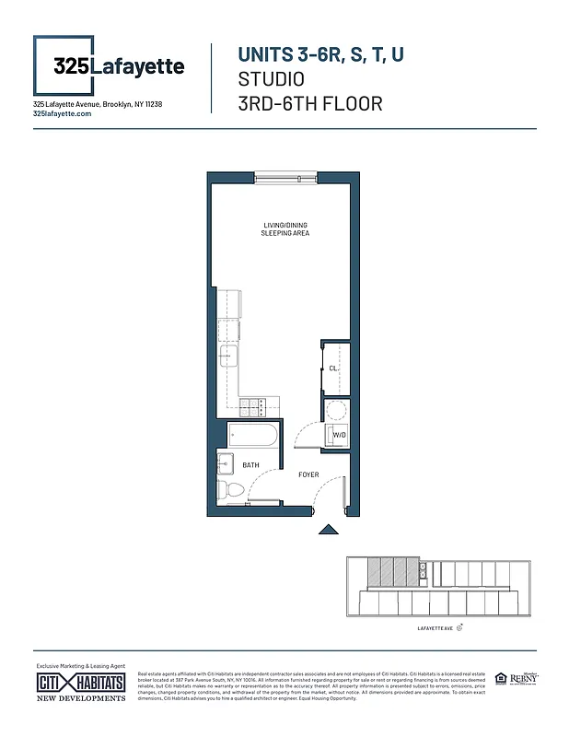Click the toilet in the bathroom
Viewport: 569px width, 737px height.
(229, 492)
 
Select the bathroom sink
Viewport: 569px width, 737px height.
(226, 462)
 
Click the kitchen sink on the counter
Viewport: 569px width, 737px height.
(228, 357)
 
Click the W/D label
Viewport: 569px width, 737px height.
(338, 434)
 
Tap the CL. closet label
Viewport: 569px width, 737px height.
(333, 368)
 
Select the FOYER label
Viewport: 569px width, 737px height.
(308, 475)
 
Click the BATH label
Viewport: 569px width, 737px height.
(250, 466)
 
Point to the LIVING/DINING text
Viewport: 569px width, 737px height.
(284, 225)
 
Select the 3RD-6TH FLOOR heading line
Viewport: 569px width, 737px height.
(309, 103)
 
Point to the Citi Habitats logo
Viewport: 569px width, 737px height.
(81, 684)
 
